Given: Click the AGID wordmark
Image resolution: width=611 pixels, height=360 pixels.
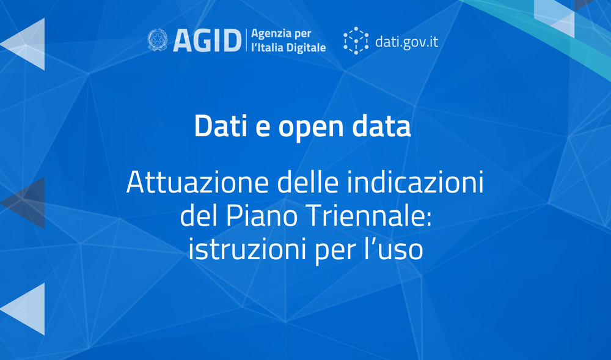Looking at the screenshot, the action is coord(207,40).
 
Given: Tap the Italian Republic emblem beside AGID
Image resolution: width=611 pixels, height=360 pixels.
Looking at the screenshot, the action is coord(158,40).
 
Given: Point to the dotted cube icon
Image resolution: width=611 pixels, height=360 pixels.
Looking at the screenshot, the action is coord(356,40).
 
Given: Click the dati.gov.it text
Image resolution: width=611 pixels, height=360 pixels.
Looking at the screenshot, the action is coord(406,42).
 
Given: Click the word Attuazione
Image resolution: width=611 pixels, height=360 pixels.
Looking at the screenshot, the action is coord(197,182).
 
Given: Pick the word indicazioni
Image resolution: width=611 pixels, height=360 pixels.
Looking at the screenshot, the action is coord(415,182).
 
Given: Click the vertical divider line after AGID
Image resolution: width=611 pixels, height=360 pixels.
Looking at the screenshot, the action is coord(246,40).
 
